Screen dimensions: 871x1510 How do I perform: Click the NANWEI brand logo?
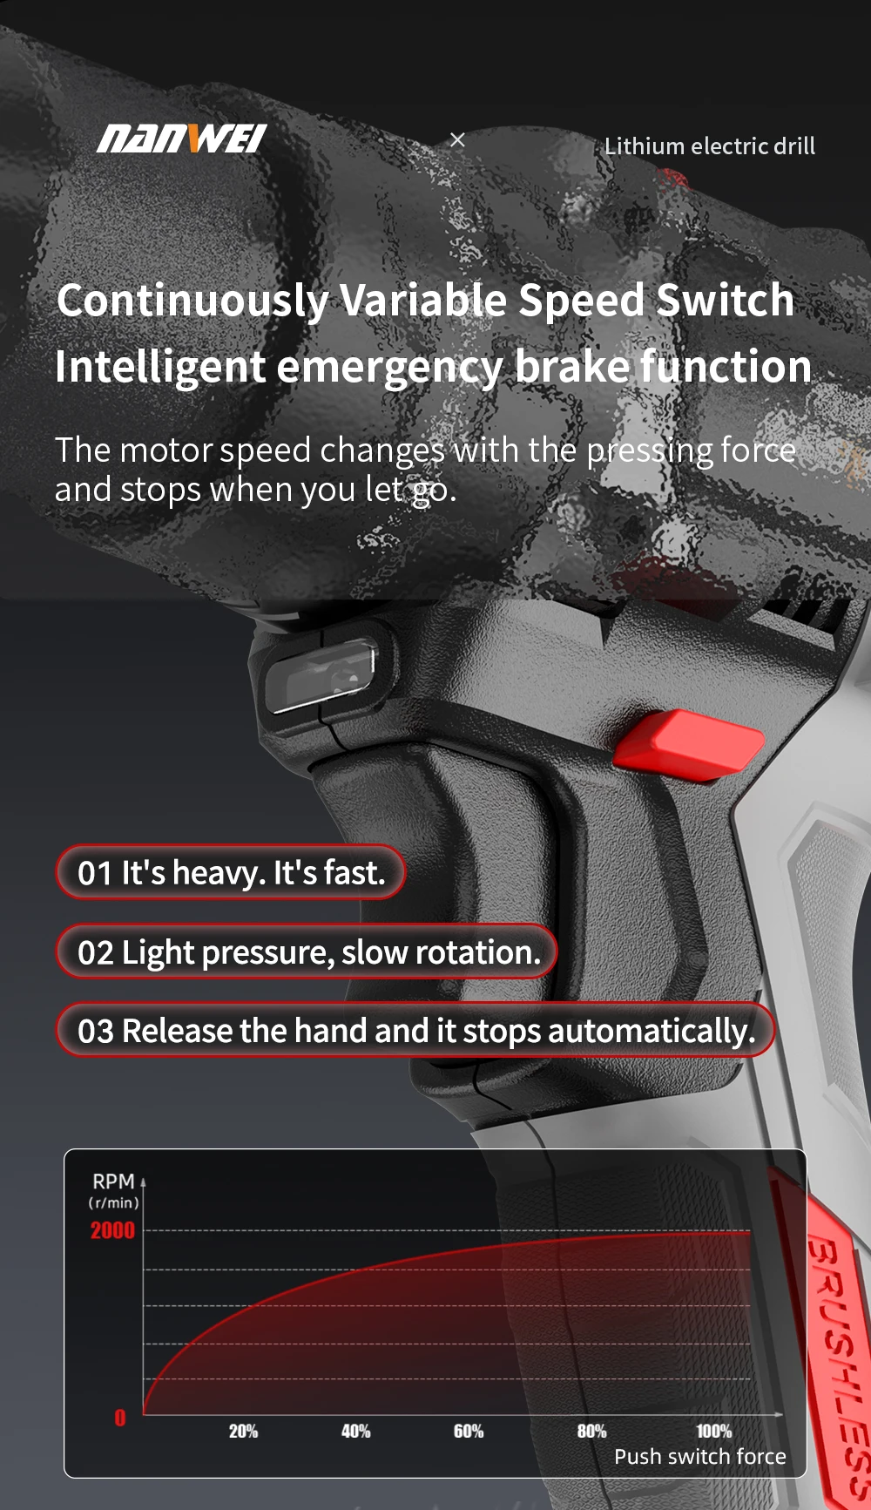181,139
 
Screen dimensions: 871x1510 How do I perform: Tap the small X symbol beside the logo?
457,139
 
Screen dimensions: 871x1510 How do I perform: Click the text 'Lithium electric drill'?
710,146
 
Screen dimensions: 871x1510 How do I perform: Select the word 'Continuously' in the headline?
192,301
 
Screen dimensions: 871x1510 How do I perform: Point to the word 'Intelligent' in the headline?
159,367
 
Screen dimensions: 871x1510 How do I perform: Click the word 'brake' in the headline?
572,366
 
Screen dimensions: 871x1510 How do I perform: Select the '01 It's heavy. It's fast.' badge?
231,872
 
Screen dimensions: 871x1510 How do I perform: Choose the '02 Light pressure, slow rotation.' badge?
307,951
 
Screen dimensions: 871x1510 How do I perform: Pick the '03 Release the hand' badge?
415,1030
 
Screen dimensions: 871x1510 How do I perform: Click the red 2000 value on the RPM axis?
112,1230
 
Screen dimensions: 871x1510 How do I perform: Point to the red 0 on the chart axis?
120,1418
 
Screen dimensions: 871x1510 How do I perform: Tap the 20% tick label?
243,1431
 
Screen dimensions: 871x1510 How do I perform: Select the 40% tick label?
355,1431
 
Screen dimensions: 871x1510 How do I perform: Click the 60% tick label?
469,1431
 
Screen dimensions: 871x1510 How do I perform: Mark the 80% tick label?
591,1431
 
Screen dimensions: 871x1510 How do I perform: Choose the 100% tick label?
713,1431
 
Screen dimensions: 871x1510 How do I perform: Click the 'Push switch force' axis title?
700,1456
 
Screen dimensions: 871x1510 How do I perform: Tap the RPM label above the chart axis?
114,1182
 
